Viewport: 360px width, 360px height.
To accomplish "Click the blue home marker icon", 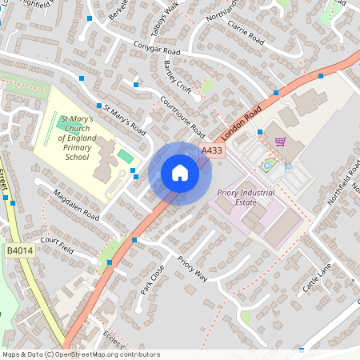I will (x=179, y=173).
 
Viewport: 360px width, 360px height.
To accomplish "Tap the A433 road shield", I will (x=212, y=150).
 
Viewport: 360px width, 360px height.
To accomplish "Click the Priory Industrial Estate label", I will (x=246, y=198).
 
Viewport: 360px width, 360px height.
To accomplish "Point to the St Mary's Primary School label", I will (x=77, y=138).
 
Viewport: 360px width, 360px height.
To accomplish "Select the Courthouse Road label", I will (x=182, y=116).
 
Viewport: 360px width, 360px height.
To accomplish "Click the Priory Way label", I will (x=193, y=269).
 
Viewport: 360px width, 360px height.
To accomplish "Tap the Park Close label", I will (x=152, y=278).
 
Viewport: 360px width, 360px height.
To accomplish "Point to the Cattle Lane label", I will (x=316, y=282).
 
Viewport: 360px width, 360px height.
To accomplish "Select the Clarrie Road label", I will (x=245, y=33).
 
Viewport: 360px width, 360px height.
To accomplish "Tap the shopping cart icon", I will (x=280, y=142).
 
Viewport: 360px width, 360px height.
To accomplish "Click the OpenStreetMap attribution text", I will (x=81, y=354).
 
